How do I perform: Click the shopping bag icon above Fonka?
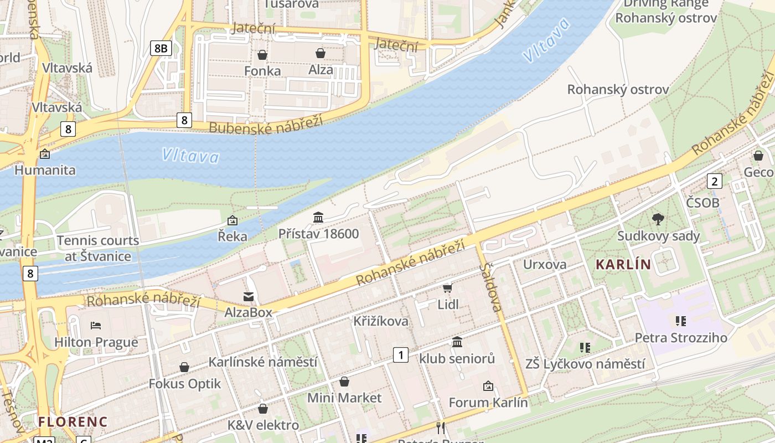pos(262,55)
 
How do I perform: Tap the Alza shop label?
pos(321,70)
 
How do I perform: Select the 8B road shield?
pos(161,48)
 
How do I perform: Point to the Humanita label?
pos(45,170)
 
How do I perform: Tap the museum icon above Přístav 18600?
pos(318,218)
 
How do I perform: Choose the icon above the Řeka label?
pos(232,220)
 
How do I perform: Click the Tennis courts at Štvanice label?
pos(98,248)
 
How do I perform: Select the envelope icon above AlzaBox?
pos(249,297)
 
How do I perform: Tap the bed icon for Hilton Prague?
pos(96,326)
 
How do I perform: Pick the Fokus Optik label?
pos(185,383)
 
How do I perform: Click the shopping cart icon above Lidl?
pos(448,289)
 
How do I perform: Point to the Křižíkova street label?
pos(381,321)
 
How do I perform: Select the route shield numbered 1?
pos(400,355)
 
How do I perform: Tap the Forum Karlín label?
pos(488,402)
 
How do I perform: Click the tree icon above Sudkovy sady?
pos(658,219)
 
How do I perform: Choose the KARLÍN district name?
pos(623,265)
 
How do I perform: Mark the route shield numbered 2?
pos(715,181)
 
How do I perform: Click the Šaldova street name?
pos(491,287)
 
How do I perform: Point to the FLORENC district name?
pos(73,421)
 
